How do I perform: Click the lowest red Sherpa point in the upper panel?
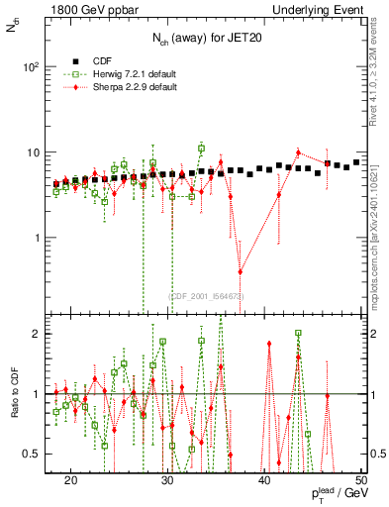coord(240,272)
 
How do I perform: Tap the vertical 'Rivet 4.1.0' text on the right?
coord(379,74)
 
